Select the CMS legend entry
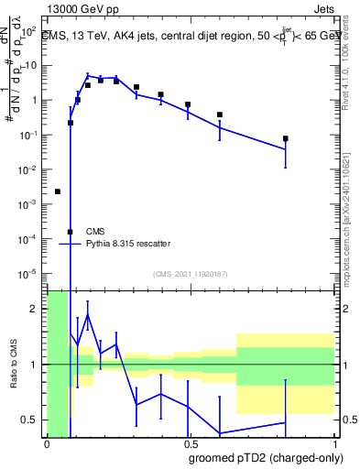(95, 232)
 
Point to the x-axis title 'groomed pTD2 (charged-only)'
(267, 459)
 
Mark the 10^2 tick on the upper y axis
(30, 31)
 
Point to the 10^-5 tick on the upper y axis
(30, 273)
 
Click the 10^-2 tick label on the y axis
(30, 169)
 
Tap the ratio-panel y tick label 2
(36, 309)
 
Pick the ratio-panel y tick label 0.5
(31, 420)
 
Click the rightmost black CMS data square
(286, 139)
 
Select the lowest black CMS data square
(71, 232)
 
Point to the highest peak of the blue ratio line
(88, 315)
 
